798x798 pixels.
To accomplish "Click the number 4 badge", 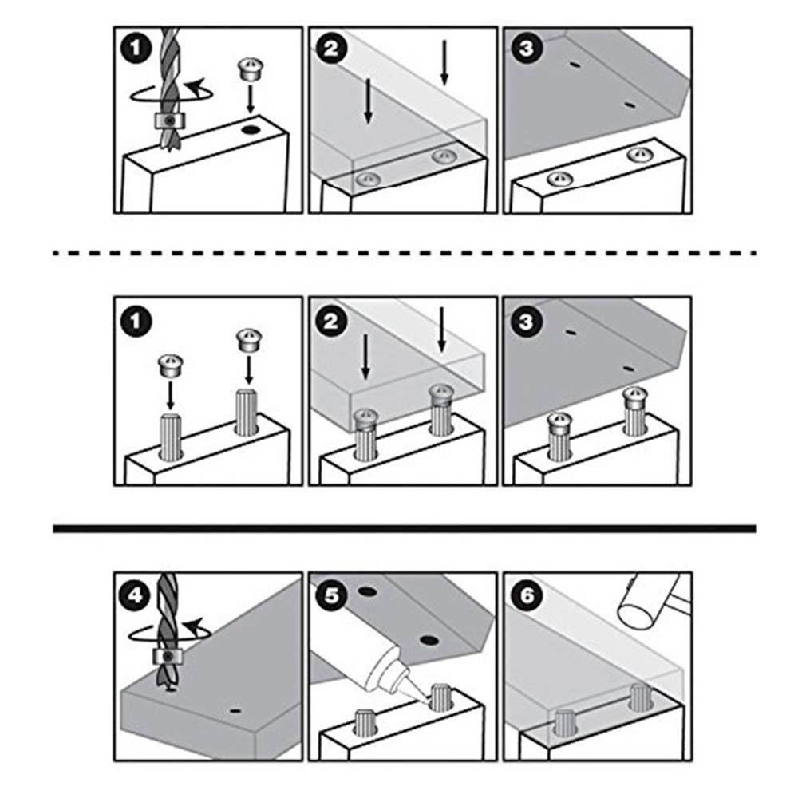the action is [x=134, y=595].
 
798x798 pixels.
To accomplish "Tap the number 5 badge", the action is [x=331, y=595].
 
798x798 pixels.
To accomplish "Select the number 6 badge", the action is [x=526, y=595].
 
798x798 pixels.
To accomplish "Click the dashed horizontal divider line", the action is [x=404, y=253].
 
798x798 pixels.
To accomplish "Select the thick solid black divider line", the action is [x=404, y=529].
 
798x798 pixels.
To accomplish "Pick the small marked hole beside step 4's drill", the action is [x=235, y=710].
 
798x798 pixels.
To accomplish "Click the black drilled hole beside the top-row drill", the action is [x=250, y=130].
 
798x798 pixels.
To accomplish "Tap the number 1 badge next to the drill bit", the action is [x=135, y=49].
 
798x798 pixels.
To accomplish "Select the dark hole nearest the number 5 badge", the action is [x=366, y=592].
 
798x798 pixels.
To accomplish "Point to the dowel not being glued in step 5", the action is [x=365, y=723].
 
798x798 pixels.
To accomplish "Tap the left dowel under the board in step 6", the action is [x=564, y=723].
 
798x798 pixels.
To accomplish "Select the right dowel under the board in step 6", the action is [x=640, y=697].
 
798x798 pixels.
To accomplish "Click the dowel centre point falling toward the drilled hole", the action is [x=249, y=70].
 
